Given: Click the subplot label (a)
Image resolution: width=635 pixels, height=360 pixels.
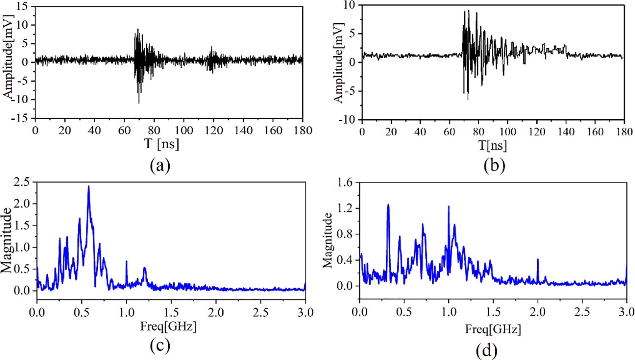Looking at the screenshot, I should (160, 165).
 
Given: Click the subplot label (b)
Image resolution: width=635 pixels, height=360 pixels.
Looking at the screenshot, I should (494, 165).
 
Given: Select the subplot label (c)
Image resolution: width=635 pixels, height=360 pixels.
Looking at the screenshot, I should (160, 346).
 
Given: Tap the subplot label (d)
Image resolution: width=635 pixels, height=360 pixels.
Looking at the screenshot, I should (486, 350).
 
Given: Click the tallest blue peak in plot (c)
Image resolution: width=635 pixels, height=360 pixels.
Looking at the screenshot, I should (88, 187).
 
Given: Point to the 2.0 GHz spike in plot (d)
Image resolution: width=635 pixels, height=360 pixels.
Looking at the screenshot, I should (538, 260).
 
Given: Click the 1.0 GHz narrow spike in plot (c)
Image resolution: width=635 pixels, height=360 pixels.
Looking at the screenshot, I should (126, 262).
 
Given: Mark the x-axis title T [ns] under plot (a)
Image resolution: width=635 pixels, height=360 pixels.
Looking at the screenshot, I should (162, 144).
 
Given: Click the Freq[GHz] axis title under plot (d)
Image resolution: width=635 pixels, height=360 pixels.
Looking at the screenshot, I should (493, 329).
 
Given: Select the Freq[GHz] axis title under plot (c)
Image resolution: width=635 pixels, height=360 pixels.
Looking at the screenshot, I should (168, 326).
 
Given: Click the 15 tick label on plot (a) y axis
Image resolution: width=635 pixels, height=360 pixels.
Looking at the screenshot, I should (22, 6).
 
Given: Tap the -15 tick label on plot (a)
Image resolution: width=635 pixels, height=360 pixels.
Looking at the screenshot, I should (19, 118).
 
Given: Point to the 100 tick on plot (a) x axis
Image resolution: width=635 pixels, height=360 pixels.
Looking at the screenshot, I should (184, 130).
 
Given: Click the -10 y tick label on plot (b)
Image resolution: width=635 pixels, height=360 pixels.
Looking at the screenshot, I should (347, 120).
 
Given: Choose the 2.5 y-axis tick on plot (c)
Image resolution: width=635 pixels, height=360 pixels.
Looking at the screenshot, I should (22, 182).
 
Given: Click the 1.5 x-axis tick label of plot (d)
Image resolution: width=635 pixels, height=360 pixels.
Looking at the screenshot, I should (493, 312).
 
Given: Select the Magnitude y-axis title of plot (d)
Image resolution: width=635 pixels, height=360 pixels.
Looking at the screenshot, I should (327, 240).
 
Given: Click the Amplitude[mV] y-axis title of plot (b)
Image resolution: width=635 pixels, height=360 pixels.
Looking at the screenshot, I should (338, 63).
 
